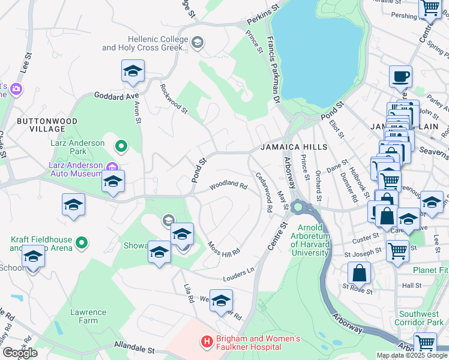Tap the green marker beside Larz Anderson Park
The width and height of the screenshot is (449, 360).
pos(121,146)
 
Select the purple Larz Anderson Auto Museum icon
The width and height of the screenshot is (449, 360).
pos(111,167)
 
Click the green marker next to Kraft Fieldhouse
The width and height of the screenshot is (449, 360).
pos(82,244)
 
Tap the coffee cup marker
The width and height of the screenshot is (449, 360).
pos(400,76)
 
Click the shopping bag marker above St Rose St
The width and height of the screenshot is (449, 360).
pos(358,273)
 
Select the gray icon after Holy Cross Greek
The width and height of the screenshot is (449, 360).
pos(198,42)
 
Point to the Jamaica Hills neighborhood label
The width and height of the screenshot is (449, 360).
pos(294,147)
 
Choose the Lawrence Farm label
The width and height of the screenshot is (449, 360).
pos(88,316)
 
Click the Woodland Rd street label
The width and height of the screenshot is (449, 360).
pos(228,186)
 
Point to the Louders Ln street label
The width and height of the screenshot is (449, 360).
pos(237,274)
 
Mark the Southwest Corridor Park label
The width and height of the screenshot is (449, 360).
pos(421,318)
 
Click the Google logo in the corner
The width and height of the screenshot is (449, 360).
pos(20,353)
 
